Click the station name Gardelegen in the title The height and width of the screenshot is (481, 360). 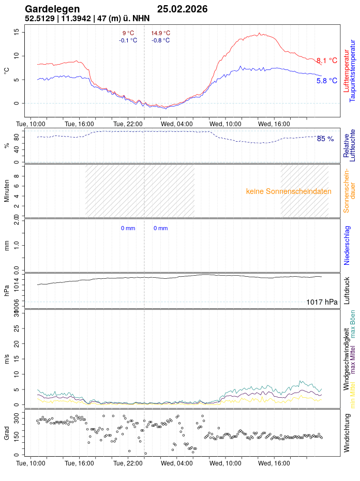52,9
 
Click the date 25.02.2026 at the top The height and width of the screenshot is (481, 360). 183,9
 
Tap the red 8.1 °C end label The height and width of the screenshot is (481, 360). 326,61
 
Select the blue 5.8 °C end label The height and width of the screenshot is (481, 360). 326,81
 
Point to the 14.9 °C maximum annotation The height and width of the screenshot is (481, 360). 160,33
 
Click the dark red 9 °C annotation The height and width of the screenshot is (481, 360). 128,33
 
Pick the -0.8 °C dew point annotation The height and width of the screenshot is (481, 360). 160,40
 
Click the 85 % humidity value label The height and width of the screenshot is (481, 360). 325,139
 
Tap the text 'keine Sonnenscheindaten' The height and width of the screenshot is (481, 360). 289,191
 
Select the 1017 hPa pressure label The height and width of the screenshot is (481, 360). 322,302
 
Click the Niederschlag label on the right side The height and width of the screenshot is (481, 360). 347,245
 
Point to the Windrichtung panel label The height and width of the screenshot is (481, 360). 347,439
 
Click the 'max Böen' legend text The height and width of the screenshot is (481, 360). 353,324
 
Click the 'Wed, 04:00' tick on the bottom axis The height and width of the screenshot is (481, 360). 177,464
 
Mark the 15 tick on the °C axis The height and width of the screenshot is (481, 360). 17,32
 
